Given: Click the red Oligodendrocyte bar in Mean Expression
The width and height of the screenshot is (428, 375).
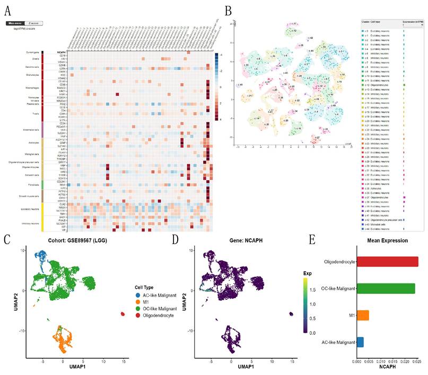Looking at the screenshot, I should (x=387, y=262).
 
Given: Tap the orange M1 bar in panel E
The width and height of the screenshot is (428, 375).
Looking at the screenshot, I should (x=363, y=315).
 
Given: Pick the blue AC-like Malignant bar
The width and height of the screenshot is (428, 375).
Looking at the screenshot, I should (x=360, y=342).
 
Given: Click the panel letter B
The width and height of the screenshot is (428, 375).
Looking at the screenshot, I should (x=228, y=10).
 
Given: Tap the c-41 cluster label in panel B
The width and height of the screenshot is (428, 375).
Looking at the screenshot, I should (x=240, y=85).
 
